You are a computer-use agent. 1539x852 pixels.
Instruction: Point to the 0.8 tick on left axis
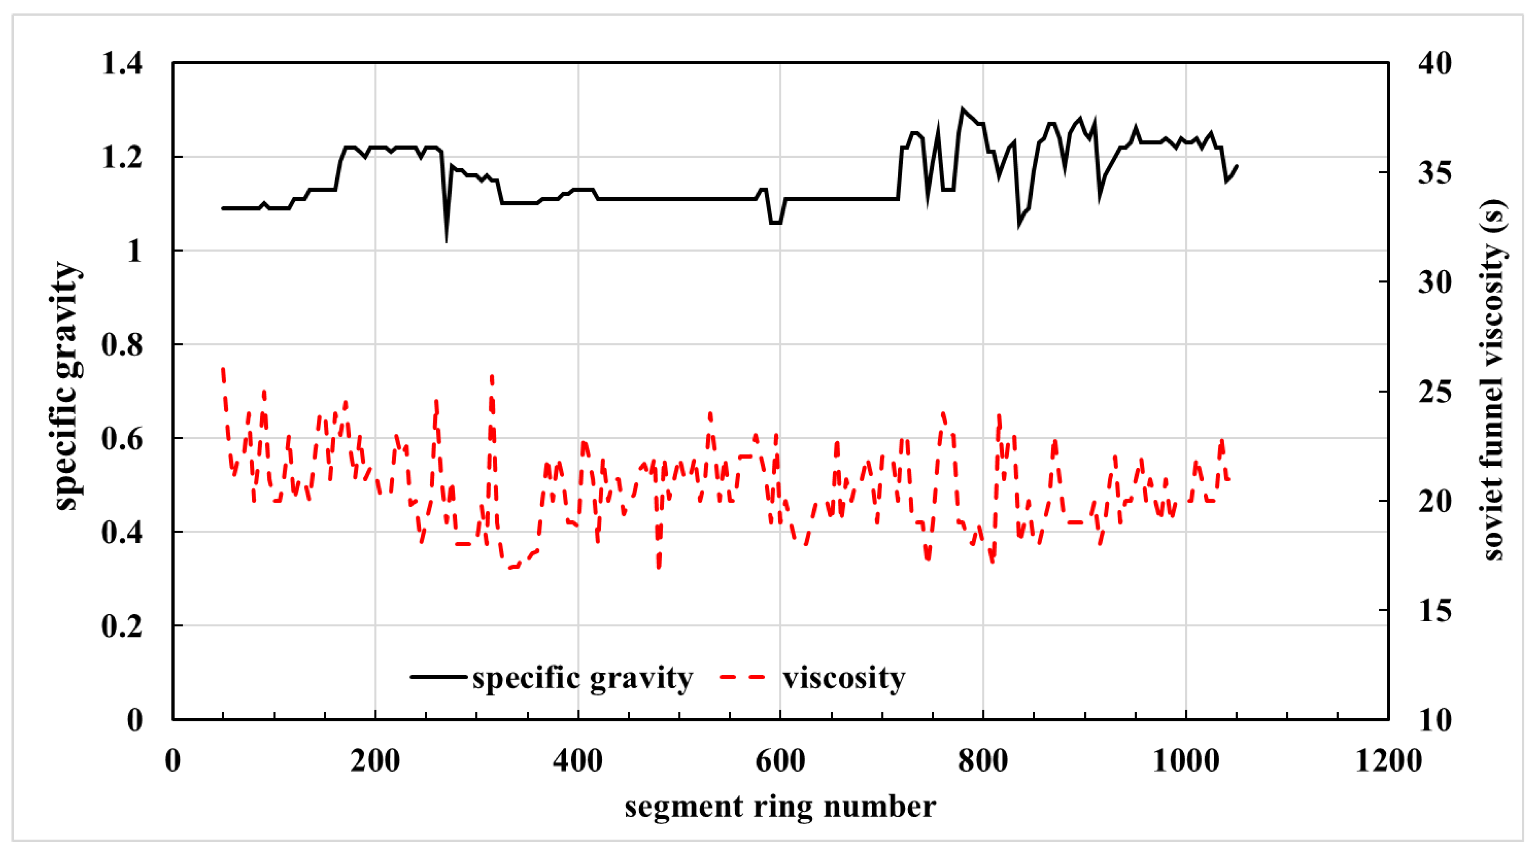tap(122, 345)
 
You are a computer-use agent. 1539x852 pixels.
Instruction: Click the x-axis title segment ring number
tap(780, 806)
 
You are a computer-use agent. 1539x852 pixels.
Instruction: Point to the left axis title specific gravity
tap(67, 385)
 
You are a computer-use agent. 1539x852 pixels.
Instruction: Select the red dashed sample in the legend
tap(743, 677)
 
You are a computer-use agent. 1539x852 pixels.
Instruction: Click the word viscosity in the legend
tap(844, 678)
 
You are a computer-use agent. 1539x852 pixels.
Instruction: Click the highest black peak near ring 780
tap(962, 109)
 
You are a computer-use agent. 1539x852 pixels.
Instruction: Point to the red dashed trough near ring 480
tap(658, 566)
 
